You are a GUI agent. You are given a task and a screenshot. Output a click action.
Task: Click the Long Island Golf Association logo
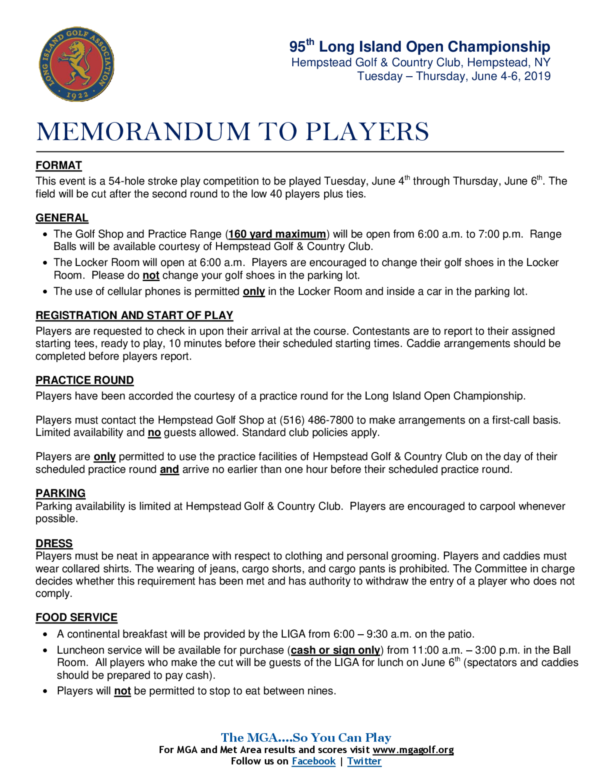click(76, 64)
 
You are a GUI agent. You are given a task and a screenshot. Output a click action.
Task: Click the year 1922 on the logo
click(77, 95)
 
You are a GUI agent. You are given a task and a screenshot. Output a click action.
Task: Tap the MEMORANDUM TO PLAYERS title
click(232, 132)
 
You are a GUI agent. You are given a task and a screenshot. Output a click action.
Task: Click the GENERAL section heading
click(62, 218)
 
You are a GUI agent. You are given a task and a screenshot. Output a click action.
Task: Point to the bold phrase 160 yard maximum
click(277, 234)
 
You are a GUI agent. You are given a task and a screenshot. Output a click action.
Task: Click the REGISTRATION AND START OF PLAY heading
click(134, 315)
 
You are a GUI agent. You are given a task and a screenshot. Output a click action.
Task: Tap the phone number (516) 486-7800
click(317, 420)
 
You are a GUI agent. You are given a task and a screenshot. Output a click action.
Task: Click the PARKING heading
click(60, 493)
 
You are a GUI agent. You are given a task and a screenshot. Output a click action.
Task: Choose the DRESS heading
click(54, 543)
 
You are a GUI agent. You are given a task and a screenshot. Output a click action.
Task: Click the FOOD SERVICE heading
click(76, 617)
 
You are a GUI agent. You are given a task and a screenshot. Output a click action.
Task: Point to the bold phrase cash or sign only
click(335, 650)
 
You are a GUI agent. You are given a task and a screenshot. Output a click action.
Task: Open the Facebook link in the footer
click(313, 761)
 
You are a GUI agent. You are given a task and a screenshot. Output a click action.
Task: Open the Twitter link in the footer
click(364, 761)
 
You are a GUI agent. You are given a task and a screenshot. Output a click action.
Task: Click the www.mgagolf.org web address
click(413, 750)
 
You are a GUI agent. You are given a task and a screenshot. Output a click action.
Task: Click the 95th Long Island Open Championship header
click(419, 47)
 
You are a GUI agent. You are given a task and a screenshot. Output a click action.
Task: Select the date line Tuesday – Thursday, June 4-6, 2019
click(454, 76)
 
